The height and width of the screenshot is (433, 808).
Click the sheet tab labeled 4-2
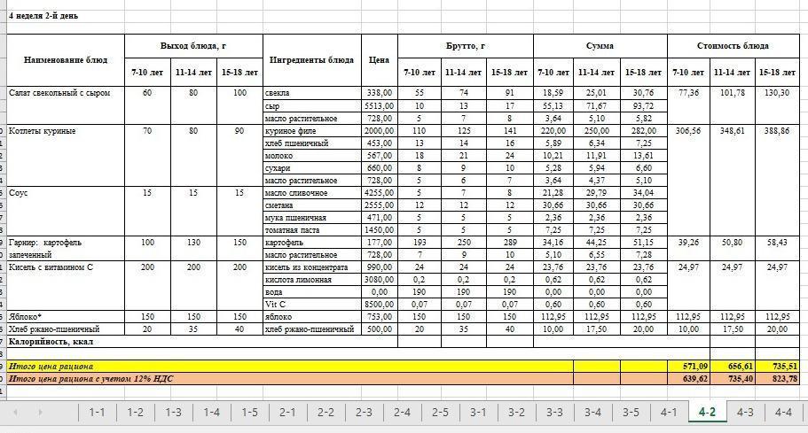point(707,412)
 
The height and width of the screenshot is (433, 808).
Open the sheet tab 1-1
point(97,412)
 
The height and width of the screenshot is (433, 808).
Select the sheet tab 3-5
point(631,412)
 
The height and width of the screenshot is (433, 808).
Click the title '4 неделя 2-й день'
point(43,16)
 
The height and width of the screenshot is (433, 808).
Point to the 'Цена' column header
point(379,59)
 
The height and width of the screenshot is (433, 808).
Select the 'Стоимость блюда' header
point(733,46)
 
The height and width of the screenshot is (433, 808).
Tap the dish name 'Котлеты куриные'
point(43,131)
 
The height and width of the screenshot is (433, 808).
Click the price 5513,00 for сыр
point(379,105)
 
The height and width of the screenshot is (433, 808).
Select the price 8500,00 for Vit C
point(379,304)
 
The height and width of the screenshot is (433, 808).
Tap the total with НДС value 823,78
point(780,378)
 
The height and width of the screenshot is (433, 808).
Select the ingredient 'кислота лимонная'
point(299,279)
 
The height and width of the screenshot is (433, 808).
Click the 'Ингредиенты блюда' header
point(311,59)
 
